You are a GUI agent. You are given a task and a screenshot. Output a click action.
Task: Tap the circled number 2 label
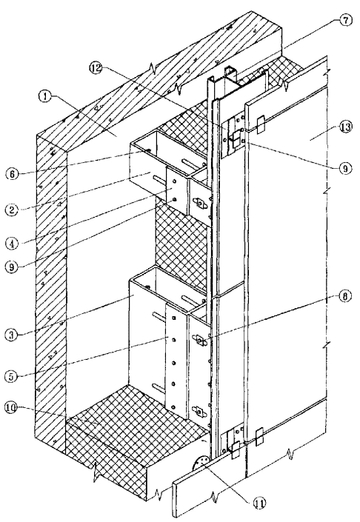point(12,210)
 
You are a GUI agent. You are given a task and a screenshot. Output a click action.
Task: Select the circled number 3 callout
point(11,335)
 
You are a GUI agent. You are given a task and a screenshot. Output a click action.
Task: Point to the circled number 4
point(12,244)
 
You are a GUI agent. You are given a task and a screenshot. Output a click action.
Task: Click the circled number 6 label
point(12,175)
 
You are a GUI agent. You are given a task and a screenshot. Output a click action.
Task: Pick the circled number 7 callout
point(345,21)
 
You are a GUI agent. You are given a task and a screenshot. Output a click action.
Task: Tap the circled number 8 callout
point(344,296)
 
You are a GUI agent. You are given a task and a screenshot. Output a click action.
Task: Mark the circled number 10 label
point(12,409)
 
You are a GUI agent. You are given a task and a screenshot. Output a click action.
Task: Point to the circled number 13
point(344,127)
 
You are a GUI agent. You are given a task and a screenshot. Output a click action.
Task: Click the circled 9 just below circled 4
point(12,267)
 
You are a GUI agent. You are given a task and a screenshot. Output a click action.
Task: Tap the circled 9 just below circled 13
point(344,169)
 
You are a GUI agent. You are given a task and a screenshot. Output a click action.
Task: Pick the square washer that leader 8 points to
point(200,340)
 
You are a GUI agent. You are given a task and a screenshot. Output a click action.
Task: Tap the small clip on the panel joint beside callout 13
point(260,124)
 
